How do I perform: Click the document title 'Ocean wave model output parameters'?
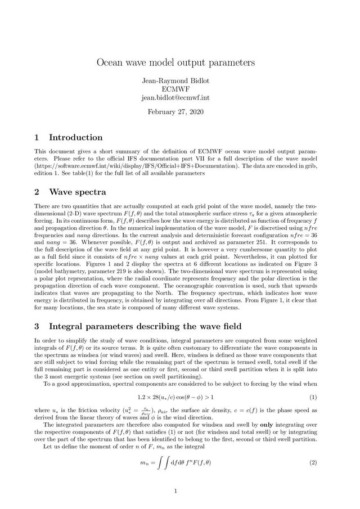[176, 61]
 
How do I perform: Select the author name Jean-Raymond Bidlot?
[175, 80]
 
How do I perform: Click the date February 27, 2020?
[175, 112]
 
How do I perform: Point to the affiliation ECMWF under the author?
[175, 88]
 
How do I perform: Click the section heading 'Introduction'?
[75, 137]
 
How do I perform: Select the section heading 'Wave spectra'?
[78, 192]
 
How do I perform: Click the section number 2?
[37, 192]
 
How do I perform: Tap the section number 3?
[37, 326]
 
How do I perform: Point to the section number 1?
[37, 137]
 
